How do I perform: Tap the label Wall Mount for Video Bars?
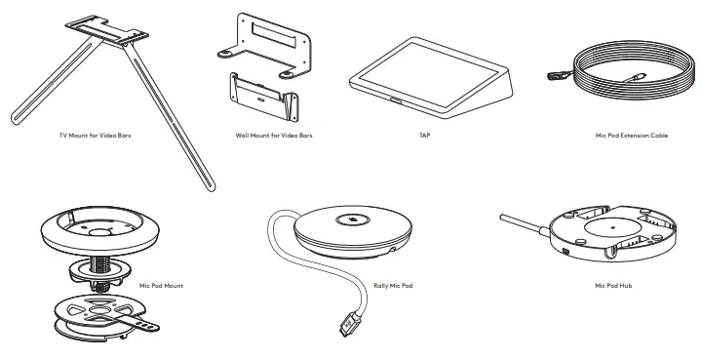(274, 136)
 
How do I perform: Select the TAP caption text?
(424, 136)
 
